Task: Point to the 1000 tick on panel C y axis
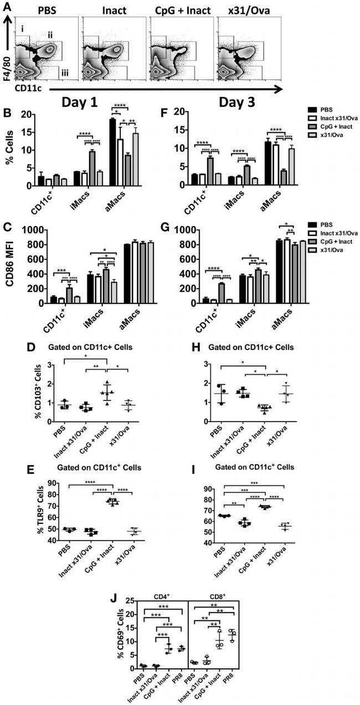coord(34,229)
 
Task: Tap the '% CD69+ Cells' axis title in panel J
coord(100,634)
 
